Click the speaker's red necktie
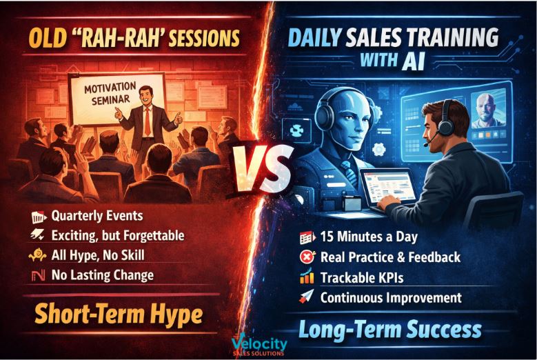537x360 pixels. [148, 121]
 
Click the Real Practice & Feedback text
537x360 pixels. [390, 257]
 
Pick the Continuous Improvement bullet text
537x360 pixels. [391, 297]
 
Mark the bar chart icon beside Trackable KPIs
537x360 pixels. [307, 277]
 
